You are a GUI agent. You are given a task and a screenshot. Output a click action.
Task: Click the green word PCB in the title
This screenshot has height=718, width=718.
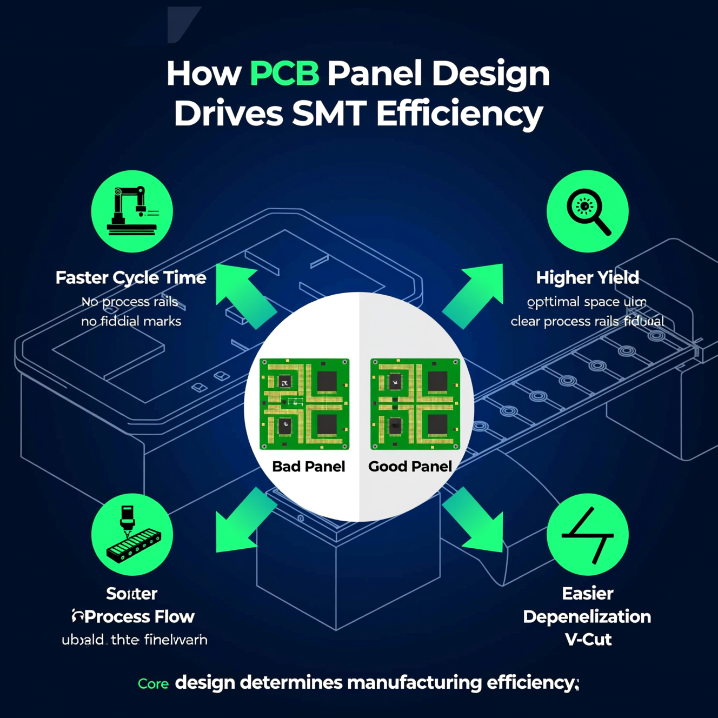284,73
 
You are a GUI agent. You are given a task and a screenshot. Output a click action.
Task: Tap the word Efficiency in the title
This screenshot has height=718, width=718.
460,114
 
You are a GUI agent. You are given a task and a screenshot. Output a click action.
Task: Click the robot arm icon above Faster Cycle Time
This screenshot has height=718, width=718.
132,211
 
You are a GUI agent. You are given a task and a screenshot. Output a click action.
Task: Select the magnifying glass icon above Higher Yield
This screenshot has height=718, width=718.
588,211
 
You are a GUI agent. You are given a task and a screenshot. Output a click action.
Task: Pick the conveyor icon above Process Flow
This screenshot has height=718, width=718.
132,534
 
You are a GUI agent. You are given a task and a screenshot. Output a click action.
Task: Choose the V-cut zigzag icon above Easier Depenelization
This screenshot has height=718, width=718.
588,534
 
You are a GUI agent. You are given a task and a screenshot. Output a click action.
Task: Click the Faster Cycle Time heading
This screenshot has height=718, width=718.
131,277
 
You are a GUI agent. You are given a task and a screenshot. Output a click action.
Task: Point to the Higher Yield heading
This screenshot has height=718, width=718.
588,277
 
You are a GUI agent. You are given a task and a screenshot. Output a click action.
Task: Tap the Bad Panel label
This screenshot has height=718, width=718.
308,466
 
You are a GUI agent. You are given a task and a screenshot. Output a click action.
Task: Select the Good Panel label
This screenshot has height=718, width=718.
410,466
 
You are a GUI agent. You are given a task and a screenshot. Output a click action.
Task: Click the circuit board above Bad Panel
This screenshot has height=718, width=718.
304,404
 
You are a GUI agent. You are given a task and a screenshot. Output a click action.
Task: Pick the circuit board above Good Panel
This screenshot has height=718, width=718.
415,404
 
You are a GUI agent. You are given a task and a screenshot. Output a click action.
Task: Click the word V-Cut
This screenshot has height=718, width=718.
588,640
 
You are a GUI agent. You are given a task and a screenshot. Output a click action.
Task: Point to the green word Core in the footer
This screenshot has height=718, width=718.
153,683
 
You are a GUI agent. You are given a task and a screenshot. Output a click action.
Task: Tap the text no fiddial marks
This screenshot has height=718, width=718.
131,321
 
